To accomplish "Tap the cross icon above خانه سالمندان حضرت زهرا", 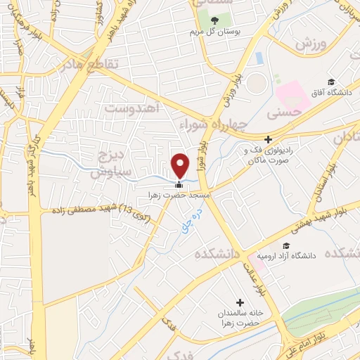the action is [x=240, y=302].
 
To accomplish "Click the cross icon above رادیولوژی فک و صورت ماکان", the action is [x=268, y=139].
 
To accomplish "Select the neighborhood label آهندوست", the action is [x=134, y=108].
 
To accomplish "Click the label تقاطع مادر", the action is [x=98, y=65].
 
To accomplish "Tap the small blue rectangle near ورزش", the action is [x=259, y=58].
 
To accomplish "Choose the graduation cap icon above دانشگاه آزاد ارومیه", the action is [x=286, y=245].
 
